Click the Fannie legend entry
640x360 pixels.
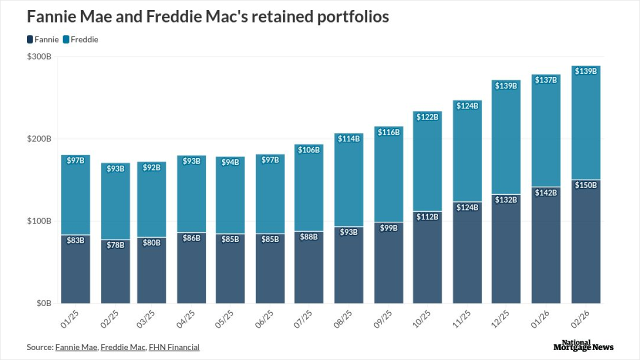pyautogui.click(x=43, y=39)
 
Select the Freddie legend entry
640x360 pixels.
pyautogui.click(x=81, y=39)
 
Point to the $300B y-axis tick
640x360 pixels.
pyautogui.click(x=39, y=56)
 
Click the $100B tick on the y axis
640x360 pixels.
pyautogui.click(x=39, y=221)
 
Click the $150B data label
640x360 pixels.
pyautogui.click(x=585, y=185)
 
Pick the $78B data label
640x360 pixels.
pyautogui.click(x=115, y=245)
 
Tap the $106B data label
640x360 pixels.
pyautogui.click(x=308, y=149)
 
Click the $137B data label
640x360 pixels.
pyautogui.click(x=545, y=79)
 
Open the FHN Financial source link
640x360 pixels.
pyautogui.click(x=174, y=347)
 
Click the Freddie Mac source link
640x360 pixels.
pyautogui.click(x=122, y=347)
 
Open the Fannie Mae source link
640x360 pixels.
pyautogui.click(x=76, y=347)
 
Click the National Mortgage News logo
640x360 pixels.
pyautogui.click(x=583, y=345)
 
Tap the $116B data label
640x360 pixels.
pyautogui.click(x=388, y=132)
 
